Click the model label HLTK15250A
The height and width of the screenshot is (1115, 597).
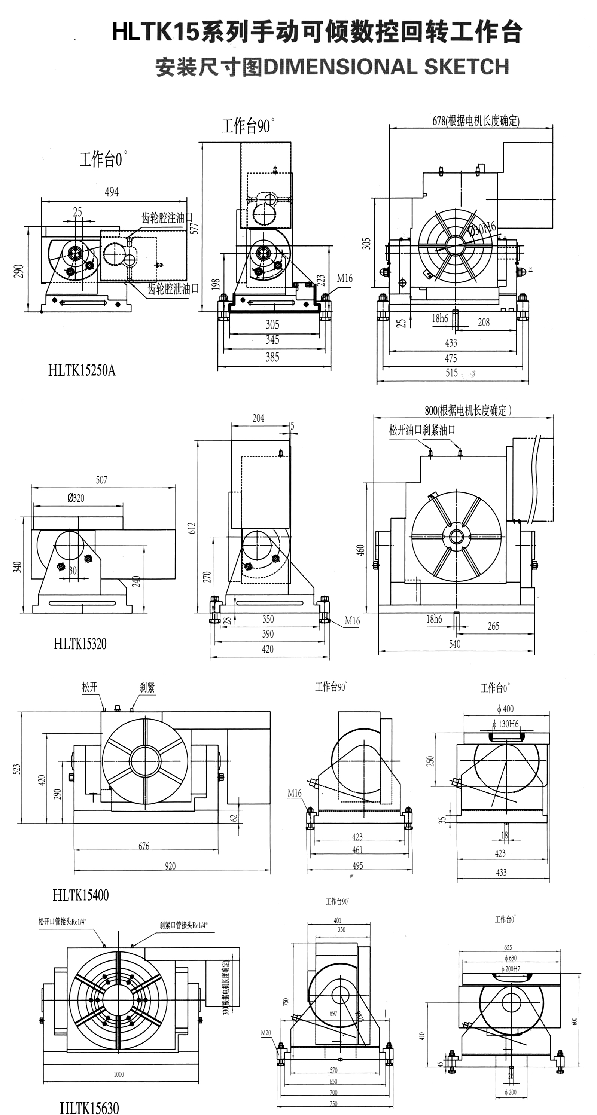pos(82,370)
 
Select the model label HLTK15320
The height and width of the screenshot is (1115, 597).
pos(80,644)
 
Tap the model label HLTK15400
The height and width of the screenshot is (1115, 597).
pos(80,895)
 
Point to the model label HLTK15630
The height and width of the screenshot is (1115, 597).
pos(89,1107)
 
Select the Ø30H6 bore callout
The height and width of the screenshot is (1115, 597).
pos(482,229)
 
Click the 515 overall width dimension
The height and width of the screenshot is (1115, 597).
pos(451,373)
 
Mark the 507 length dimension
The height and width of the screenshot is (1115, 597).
pos(101,480)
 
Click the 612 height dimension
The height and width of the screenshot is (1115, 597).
pos(192,528)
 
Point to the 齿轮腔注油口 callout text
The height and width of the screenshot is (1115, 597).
pos(167,218)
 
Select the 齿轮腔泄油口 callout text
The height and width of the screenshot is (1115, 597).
pos(173,289)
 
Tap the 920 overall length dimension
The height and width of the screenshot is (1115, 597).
pos(170,865)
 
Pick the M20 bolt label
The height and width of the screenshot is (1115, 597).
pos(265,1033)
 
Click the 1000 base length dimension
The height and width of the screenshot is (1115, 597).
pos(118,1074)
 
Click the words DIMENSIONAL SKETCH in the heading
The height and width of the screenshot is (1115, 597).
pos(386,67)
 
